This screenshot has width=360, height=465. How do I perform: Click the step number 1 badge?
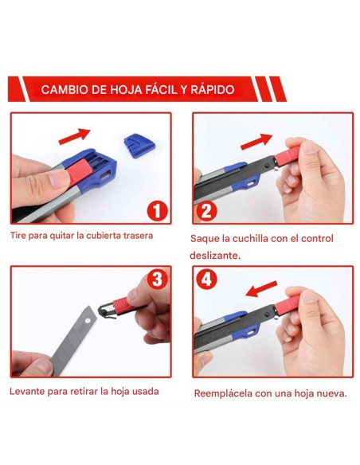click(x=157, y=210)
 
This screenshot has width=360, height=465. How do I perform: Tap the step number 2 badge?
click(x=206, y=211)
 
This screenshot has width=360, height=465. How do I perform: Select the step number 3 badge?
click(x=158, y=279)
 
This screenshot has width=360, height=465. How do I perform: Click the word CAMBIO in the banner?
click(x=64, y=90)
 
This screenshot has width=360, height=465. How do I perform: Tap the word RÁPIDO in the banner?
click(x=211, y=90)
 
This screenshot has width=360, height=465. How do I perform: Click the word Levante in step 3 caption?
click(x=28, y=391)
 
